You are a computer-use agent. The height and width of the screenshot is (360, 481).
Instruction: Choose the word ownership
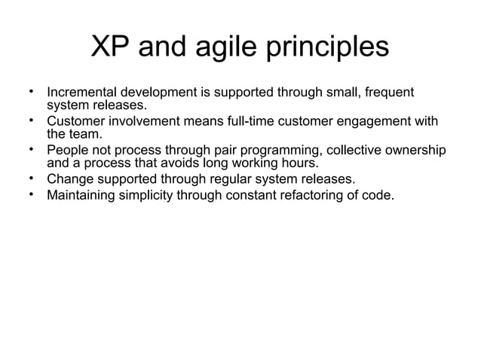(412, 151)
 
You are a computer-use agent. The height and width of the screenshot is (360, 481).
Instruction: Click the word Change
(70, 179)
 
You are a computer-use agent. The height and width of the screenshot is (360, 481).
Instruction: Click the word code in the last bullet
(379, 197)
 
